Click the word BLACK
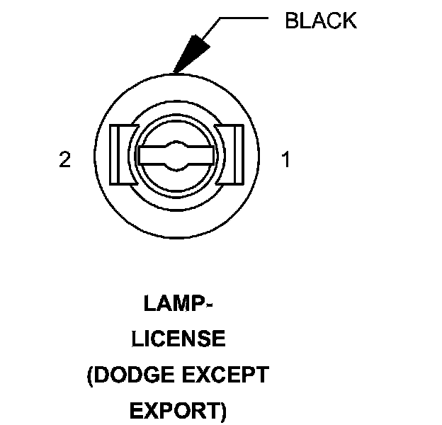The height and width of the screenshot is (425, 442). coord(320,21)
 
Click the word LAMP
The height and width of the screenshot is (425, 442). coord(172,305)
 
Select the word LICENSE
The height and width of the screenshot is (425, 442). coord(178,339)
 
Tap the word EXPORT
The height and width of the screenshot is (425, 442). coord(174,410)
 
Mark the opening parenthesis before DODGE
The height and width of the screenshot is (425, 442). coord(91,375)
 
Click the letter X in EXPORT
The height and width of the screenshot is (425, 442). coord(150,410)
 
